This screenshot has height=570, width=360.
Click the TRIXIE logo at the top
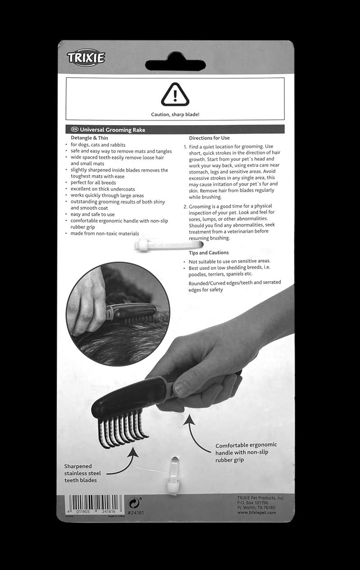coord(86,58)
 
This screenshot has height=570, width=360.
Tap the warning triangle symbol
coord(175,95)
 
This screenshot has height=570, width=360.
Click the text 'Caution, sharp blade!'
coord(175,114)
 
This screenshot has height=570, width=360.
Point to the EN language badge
coord(75,130)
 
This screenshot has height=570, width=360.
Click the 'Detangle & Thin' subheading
coord(90,138)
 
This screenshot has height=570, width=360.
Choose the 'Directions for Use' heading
coord(209,138)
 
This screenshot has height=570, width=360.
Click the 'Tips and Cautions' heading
coord(209,253)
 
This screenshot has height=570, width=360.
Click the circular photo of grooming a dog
coord(118,314)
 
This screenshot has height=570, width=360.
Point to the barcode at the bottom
coord(95,503)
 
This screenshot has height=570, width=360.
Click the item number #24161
coord(135,513)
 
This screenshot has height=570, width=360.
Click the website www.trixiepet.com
coord(256,512)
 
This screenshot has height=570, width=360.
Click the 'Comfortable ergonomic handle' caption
coord(246,452)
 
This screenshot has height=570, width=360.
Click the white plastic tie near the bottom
coord(173,475)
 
